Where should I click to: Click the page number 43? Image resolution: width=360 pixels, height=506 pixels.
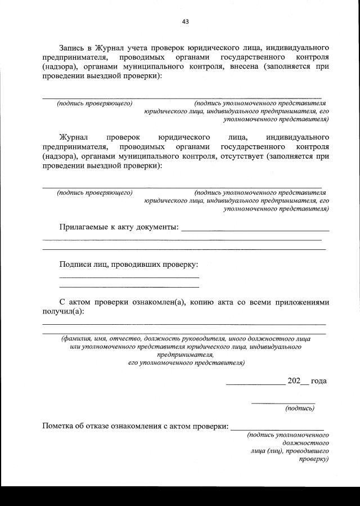(x=185, y=21)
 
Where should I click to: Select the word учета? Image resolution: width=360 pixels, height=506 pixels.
(x=146, y=47)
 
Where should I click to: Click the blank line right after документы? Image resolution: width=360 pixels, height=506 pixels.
(x=255, y=230)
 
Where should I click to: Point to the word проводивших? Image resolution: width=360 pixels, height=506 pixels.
(x=138, y=264)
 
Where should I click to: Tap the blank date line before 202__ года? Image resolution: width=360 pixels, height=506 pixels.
(x=255, y=383)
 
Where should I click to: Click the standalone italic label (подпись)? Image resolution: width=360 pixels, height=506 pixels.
(x=300, y=408)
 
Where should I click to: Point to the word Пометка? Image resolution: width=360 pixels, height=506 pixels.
(x=60, y=425)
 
